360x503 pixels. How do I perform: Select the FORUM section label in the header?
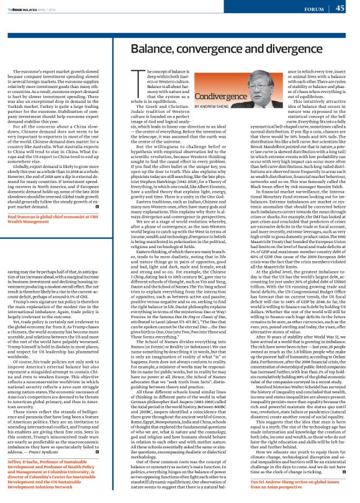[314, 9]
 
